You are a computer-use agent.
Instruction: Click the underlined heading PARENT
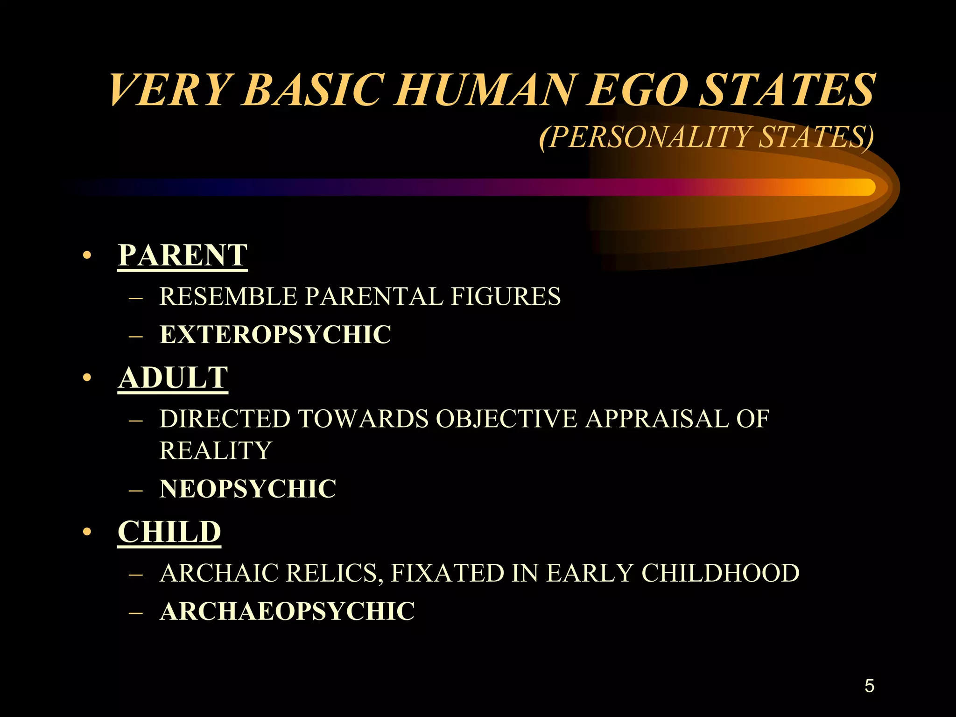183,255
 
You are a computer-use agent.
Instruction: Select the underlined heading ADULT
173,378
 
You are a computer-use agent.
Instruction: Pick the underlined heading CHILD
169,532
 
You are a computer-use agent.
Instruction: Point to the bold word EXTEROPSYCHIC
275,335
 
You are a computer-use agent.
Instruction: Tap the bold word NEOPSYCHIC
247,489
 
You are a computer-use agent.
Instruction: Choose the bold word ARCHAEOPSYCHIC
287,612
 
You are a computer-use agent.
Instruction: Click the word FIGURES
506,296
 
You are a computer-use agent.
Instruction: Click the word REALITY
215,451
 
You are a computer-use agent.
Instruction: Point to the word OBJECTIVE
506,419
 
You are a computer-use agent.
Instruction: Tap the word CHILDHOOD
720,573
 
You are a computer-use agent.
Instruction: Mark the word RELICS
334,573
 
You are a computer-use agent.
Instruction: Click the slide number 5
869,686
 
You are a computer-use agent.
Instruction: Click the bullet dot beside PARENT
86,256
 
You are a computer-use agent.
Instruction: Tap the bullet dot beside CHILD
86,532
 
